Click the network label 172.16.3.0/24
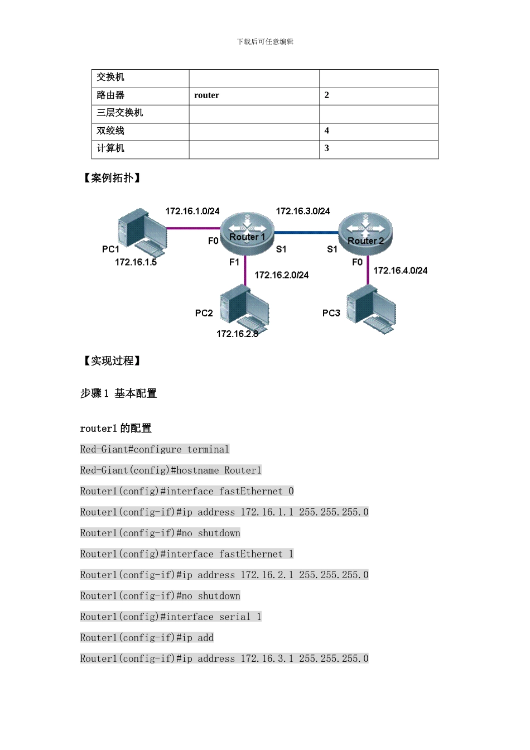coord(303,211)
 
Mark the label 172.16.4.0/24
coord(400,271)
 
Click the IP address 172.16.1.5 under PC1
coord(136,262)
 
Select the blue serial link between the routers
coord(306,232)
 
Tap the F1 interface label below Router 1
coord(234,262)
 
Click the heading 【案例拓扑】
coord(112,178)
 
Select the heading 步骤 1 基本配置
coord(118,393)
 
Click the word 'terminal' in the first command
coord(208,450)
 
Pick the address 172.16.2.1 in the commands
coord(267,575)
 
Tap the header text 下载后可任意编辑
coord(265,42)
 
